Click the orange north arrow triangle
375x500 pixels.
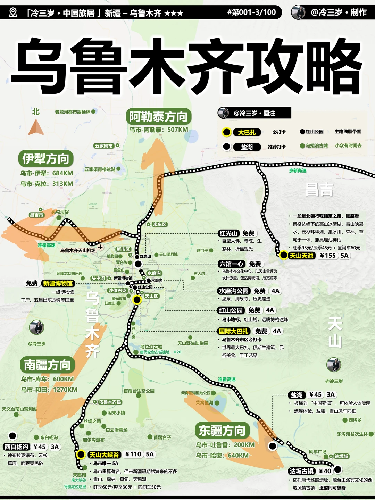(36, 128)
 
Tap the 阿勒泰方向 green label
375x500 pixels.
(158, 117)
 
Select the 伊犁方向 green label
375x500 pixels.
(45, 159)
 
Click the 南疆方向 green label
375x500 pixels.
(47, 365)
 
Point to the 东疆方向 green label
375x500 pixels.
(222, 431)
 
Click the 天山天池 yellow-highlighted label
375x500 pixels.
(301, 256)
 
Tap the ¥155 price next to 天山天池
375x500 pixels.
(328, 256)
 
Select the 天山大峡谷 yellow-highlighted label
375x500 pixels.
(104, 455)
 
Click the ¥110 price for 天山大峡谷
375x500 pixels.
(133, 454)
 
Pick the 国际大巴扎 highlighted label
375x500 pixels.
(234, 331)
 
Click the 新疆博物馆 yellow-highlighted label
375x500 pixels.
(58, 283)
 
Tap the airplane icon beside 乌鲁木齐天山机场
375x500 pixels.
(100, 247)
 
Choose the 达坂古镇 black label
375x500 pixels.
(302, 471)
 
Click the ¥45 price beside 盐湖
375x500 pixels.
(315, 394)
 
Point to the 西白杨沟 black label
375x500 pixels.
(16, 447)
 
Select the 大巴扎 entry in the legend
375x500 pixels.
(247, 132)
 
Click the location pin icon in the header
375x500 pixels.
(13, 13)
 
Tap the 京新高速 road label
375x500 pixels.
(298, 170)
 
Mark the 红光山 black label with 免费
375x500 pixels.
(228, 233)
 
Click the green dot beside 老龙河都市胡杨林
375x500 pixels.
(93, 111)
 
